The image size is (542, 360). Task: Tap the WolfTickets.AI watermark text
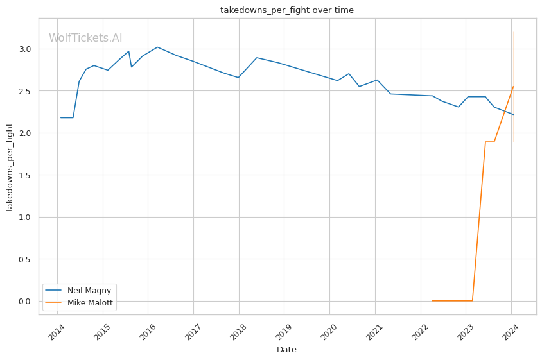[85, 39]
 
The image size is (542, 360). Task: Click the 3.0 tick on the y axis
[24, 49]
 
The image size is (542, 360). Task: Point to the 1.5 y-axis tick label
[24, 175]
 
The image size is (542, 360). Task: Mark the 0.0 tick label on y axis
[24, 302]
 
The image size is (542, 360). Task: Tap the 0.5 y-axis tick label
[24, 259]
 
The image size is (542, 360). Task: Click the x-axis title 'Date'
[286, 350]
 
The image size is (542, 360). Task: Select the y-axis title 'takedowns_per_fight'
[10, 167]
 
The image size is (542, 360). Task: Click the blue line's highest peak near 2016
[157, 47]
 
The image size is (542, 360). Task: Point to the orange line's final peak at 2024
[513, 87]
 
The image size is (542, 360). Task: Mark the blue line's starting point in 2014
[61, 117]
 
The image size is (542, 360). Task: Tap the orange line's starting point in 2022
[432, 301]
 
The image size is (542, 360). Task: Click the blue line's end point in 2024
[513, 114]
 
